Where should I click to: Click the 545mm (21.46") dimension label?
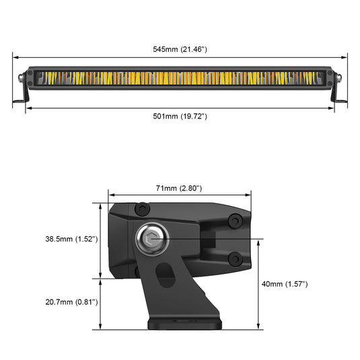(180, 49)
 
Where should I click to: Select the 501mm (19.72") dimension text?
(180, 116)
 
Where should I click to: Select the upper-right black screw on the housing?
(234, 221)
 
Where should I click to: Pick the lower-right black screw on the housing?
(234, 259)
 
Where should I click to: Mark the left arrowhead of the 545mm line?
(15, 57)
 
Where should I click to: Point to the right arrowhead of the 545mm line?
(345, 57)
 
